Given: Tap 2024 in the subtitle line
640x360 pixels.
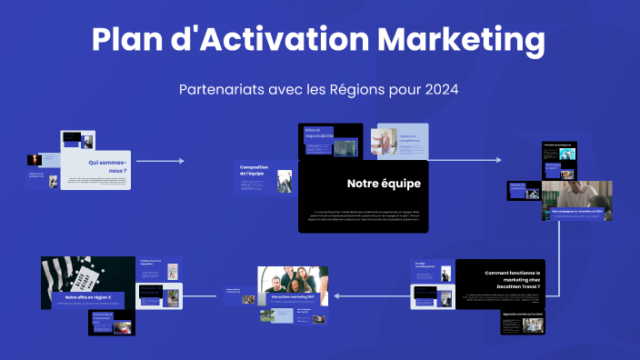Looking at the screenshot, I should [439, 90].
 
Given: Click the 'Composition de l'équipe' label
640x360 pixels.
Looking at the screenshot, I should [255, 170].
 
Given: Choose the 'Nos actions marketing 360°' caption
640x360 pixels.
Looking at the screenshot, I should [291, 295].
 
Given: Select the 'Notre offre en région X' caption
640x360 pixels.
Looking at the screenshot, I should [87, 296].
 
